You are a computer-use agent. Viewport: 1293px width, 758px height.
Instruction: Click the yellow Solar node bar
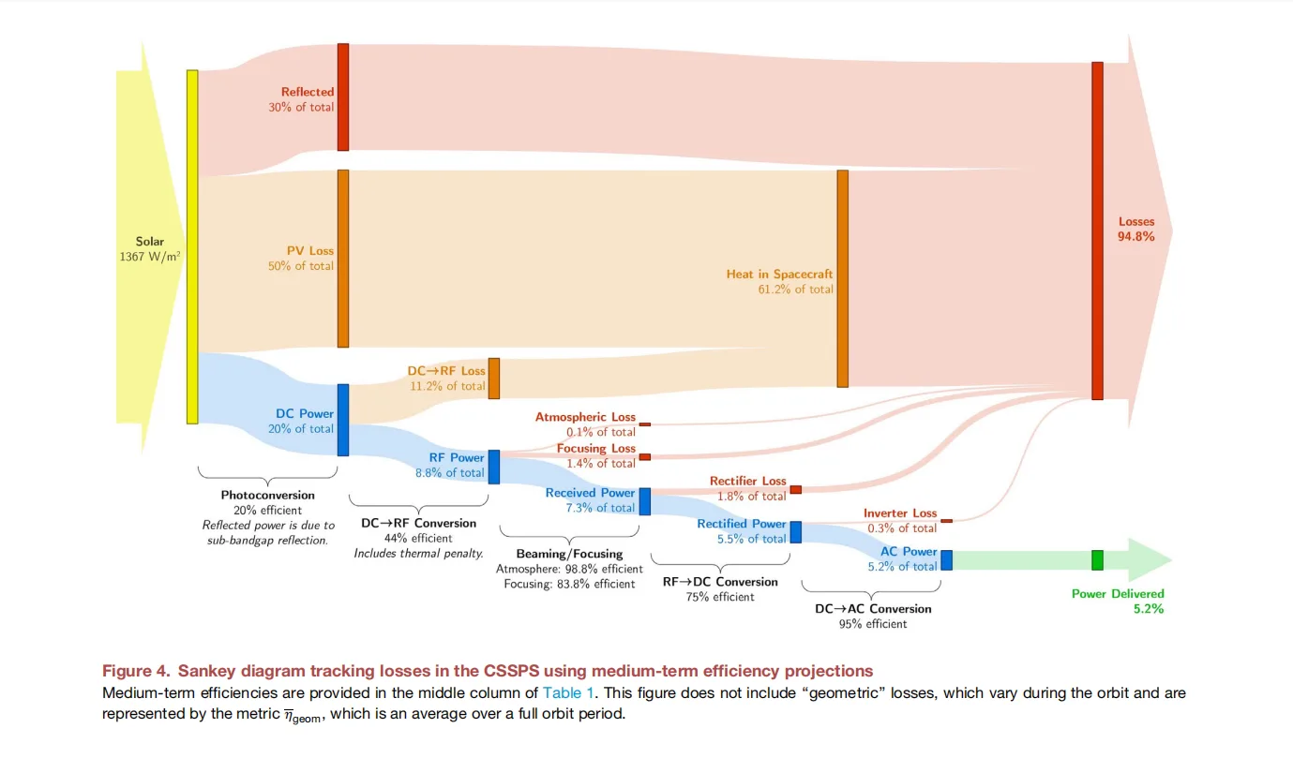point(192,246)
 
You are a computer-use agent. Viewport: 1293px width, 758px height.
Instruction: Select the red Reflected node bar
point(343,97)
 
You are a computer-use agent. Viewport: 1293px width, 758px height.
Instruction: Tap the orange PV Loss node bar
point(343,259)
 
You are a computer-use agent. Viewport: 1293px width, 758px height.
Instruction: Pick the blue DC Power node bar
point(343,420)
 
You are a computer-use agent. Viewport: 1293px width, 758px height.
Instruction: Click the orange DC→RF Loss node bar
point(494,379)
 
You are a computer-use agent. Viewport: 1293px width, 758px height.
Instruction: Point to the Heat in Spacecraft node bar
point(843,278)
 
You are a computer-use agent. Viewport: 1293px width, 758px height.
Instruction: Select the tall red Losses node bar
point(1097,230)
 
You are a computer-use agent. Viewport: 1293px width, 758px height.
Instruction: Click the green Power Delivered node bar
point(1097,560)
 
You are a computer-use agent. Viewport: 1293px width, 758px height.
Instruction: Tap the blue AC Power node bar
point(947,560)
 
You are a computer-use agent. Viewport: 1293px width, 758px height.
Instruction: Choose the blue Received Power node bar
point(645,501)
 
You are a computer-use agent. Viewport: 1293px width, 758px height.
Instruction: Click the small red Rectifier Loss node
point(796,489)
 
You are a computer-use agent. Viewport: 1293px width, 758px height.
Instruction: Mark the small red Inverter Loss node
point(947,521)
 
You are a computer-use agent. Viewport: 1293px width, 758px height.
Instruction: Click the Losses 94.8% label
point(1136,230)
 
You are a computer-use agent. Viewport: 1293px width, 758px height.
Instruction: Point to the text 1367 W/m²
point(150,256)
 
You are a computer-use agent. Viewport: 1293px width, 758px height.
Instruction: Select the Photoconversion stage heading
point(268,495)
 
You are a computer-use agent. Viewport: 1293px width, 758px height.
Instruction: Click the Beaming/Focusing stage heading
point(569,554)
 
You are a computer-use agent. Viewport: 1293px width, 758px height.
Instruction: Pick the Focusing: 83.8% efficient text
point(569,584)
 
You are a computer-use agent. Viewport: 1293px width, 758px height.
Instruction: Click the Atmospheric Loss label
point(585,417)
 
